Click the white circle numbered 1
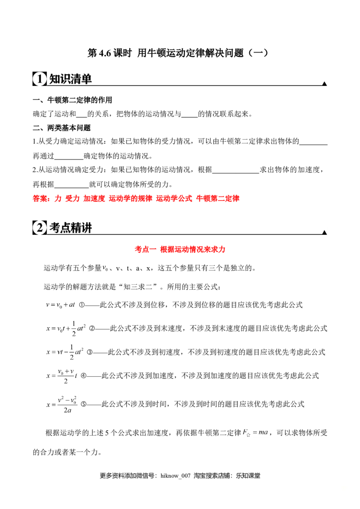pyautogui.click(x=40, y=80)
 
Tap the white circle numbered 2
pyautogui.click(x=40, y=228)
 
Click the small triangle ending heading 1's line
pyautogui.click(x=324, y=83)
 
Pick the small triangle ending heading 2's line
pyautogui.click(x=324, y=232)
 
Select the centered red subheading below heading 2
pyautogui.click(x=180, y=250)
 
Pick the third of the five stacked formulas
pyautogui.click(x=63, y=351)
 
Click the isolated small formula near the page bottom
pyautogui.click(x=255, y=433)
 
